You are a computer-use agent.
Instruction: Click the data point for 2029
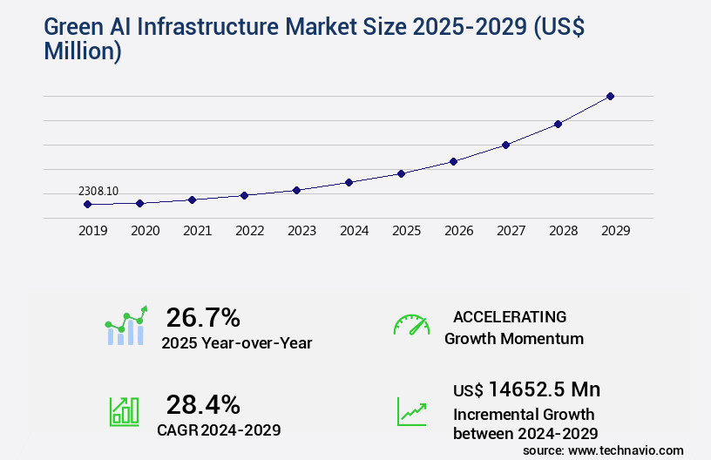pyautogui.click(x=610, y=96)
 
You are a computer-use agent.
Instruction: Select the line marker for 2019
pyautogui.click(x=87, y=204)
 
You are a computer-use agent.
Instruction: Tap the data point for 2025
pyautogui.click(x=401, y=173)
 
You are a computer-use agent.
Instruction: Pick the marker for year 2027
pyautogui.click(x=505, y=145)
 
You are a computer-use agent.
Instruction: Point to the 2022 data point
pyautogui.click(x=244, y=195)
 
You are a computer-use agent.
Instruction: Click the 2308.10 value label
pyautogui.click(x=98, y=191)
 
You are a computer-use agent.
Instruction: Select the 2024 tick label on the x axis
pyautogui.click(x=354, y=231)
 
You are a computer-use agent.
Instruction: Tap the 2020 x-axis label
pyautogui.click(x=145, y=231)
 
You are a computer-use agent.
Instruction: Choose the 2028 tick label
pyautogui.click(x=563, y=231)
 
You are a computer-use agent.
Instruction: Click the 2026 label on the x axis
pyautogui.click(x=458, y=231)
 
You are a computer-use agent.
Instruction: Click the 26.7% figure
pyautogui.click(x=203, y=317)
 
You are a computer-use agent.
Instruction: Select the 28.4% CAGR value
pyautogui.click(x=203, y=404)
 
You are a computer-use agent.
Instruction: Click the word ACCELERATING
pyautogui.click(x=510, y=316)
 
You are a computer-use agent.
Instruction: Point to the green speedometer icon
pyautogui.click(x=411, y=325)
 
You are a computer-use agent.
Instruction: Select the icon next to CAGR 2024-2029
pyautogui.click(x=124, y=410)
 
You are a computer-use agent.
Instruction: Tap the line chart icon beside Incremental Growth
pyautogui.click(x=411, y=410)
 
